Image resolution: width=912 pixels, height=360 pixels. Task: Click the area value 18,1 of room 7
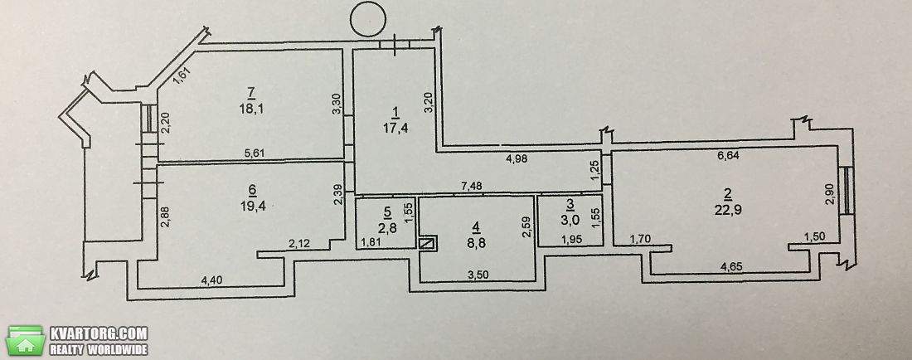(x=250, y=109)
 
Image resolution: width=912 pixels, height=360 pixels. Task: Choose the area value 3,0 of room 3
(x=570, y=219)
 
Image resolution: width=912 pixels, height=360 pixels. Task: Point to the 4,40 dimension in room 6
(x=211, y=280)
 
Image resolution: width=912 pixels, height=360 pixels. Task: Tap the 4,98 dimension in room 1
(x=517, y=158)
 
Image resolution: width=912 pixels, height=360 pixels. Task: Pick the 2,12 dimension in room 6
(x=300, y=244)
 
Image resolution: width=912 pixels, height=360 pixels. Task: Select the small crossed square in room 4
(x=426, y=243)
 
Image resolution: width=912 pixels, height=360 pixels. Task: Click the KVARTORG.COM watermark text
(x=99, y=333)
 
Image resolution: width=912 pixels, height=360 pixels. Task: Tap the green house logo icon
(x=25, y=341)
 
